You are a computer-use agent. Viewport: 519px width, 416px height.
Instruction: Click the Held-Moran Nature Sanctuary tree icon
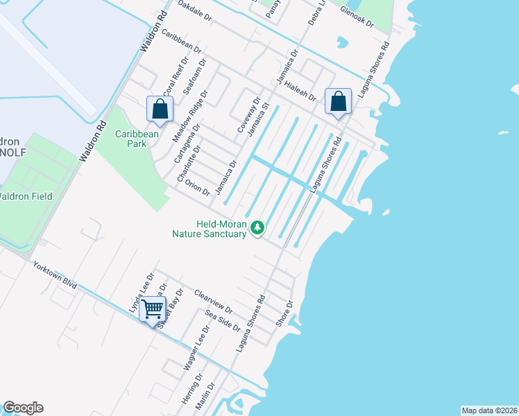click(x=258, y=227)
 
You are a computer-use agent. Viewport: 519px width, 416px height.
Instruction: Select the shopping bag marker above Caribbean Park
click(x=160, y=109)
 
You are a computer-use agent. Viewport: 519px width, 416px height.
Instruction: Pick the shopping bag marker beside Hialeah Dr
click(x=338, y=102)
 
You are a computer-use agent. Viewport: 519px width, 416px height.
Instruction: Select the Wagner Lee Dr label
click(x=192, y=370)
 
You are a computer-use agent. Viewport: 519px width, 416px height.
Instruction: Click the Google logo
click(x=23, y=408)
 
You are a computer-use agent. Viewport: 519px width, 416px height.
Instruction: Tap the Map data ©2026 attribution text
click(x=488, y=410)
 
